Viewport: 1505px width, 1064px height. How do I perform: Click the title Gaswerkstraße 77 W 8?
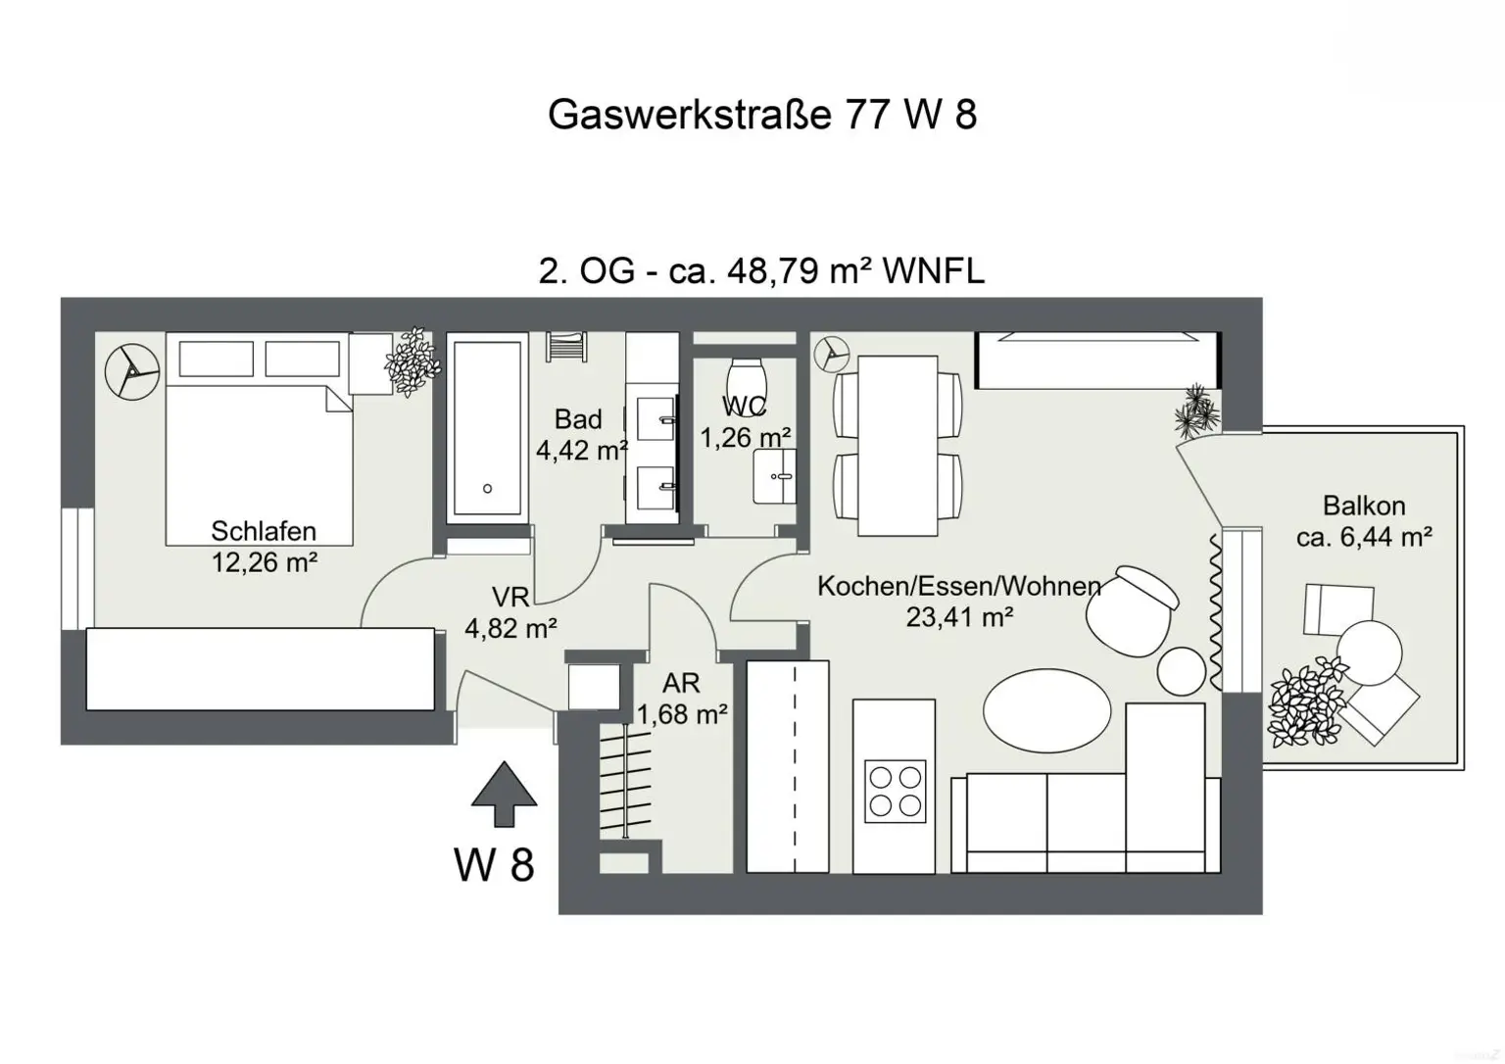click(x=761, y=115)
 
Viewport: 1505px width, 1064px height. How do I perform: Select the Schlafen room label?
click(x=264, y=531)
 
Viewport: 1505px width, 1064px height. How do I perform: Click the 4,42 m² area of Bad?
click(x=581, y=451)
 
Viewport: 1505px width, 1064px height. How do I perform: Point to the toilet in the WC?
click(x=748, y=377)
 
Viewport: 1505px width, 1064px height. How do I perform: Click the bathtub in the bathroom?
click(x=486, y=428)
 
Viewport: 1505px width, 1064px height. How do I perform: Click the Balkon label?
click(x=1363, y=506)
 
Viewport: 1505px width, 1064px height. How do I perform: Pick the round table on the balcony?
click(x=1370, y=653)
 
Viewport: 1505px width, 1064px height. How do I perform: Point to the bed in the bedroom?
click(x=259, y=460)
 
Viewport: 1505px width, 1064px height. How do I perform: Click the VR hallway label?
click(x=510, y=597)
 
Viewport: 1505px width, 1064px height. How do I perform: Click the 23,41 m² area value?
click(x=959, y=617)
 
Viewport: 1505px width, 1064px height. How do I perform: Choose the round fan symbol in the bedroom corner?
click(x=131, y=371)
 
